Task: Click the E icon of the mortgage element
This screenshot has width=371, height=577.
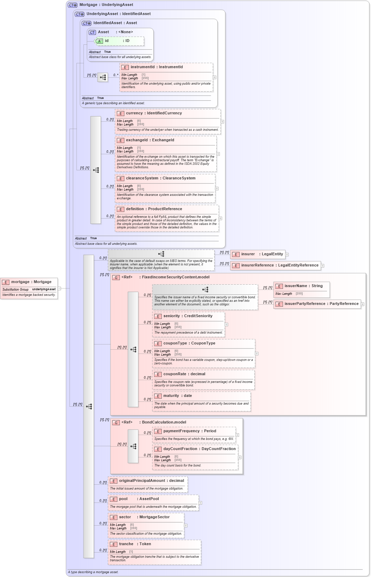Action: point(6,282)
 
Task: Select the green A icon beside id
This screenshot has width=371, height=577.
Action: point(99,41)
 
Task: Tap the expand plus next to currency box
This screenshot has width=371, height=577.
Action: point(222,122)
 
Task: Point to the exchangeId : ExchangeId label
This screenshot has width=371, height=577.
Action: point(150,140)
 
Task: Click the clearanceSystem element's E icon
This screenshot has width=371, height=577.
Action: point(121,179)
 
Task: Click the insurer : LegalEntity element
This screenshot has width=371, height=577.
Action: point(262,254)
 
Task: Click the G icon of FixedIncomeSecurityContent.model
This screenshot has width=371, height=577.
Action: point(116,277)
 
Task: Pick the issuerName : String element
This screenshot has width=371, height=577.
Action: point(303,286)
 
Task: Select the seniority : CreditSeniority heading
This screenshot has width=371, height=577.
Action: point(188,316)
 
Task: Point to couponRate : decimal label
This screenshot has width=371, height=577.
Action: point(184,374)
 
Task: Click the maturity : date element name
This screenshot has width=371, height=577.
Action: point(177,396)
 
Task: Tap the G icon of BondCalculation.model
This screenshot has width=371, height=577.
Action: point(116,422)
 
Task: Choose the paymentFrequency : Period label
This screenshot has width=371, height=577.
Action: point(190,431)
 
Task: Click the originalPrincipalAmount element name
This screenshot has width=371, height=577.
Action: point(151,481)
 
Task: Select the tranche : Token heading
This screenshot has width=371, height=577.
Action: point(135,544)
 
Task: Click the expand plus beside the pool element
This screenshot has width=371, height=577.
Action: point(200,503)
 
